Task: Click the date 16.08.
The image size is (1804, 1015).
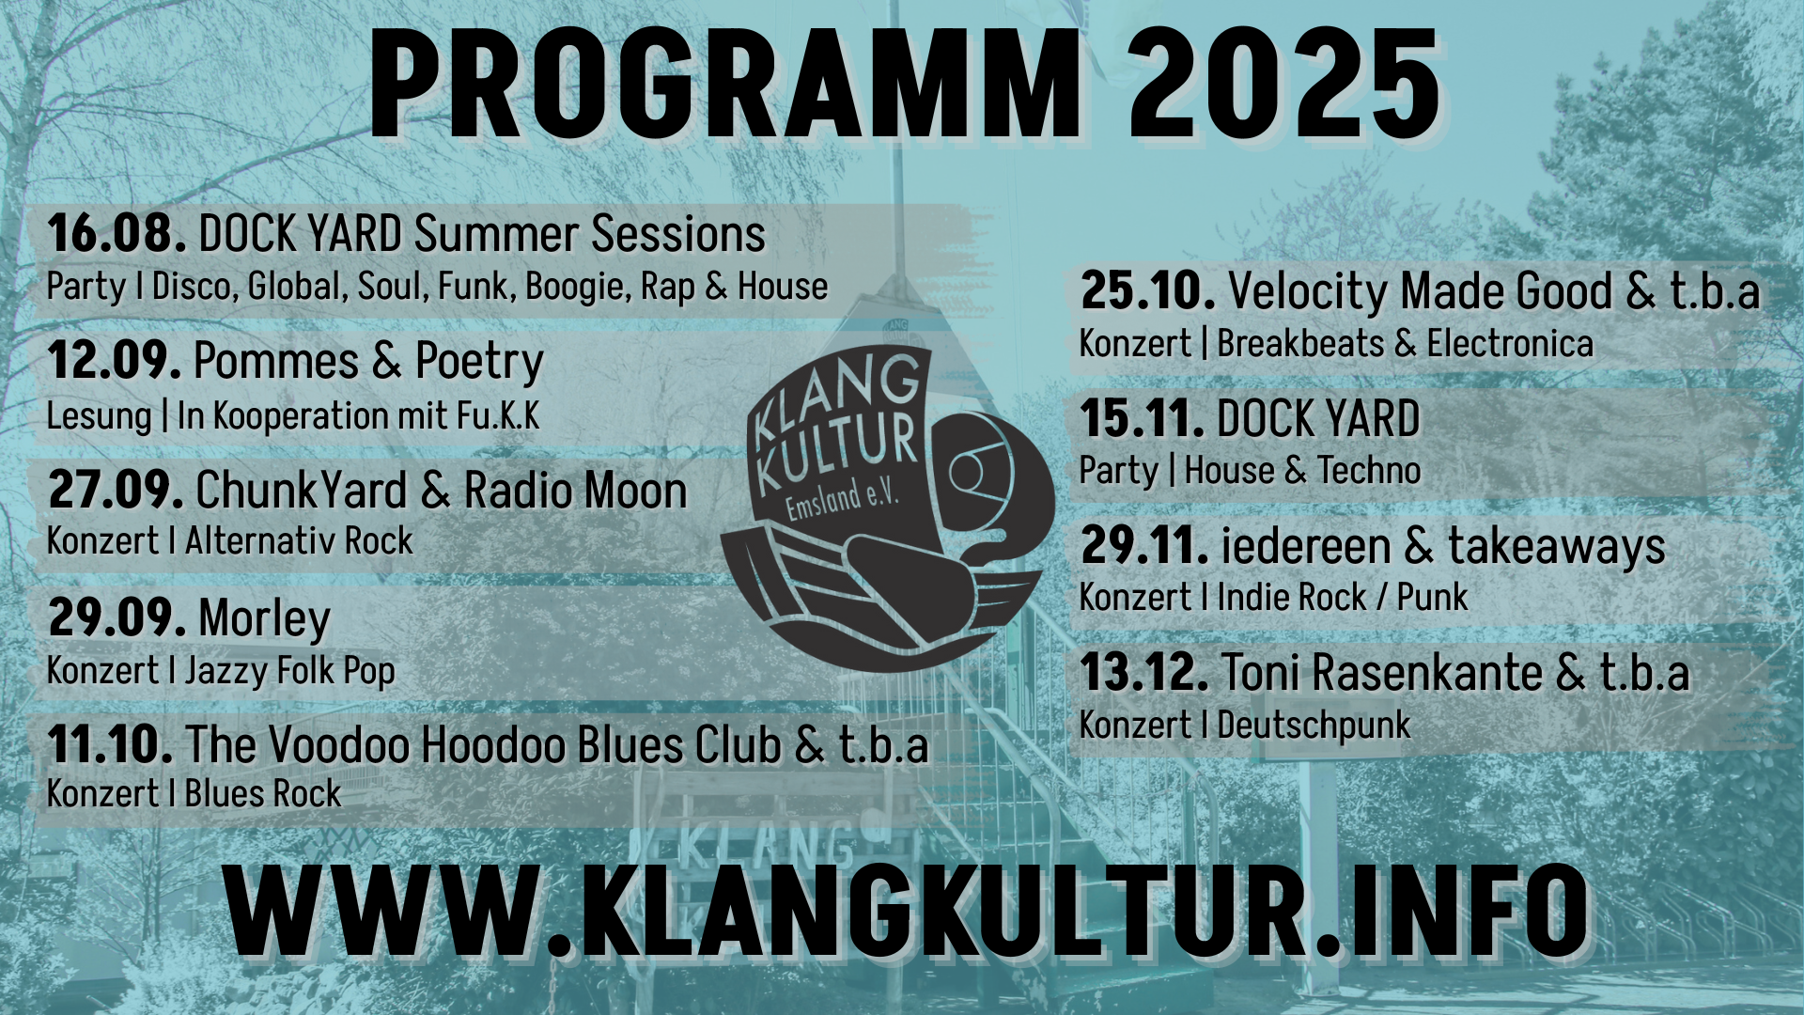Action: click(117, 233)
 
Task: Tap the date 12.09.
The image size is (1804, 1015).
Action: click(115, 360)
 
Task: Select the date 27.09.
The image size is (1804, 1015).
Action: click(116, 489)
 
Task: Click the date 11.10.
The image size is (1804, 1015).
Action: click(110, 744)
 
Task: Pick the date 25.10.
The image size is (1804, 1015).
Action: click(1148, 290)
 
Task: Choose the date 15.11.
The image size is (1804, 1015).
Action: click(1143, 418)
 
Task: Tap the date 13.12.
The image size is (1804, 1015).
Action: click(1145, 672)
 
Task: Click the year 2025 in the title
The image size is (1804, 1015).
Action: click(1284, 83)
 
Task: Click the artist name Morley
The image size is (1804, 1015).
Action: click(264, 619)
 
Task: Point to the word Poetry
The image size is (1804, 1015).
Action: click(479, 362)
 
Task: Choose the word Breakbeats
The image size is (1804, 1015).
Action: click(1300, 344)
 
